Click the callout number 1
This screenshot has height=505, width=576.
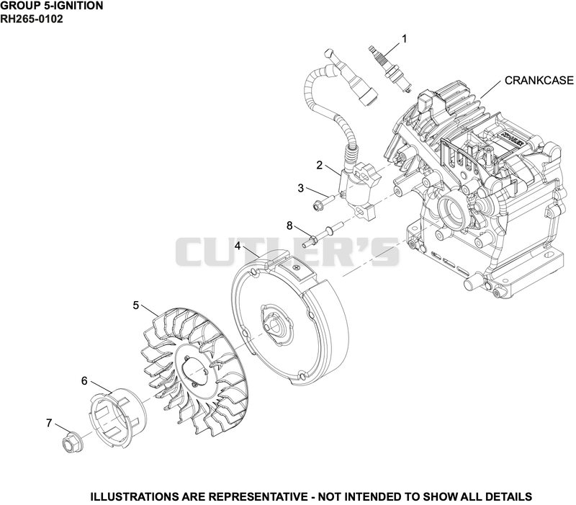pos(405,39)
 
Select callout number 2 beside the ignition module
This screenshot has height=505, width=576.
pos(319,166)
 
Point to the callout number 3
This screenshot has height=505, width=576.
pos(301,189)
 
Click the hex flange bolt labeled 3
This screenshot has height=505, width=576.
pos(323,203)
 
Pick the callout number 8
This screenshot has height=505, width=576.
pos(289,225)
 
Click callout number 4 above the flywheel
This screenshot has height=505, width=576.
pos(238,246)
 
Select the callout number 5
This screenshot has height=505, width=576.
pos(136,305)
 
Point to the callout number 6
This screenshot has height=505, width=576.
pos(84,381)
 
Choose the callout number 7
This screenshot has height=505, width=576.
pos(49,423)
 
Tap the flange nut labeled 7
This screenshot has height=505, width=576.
pos(73,442)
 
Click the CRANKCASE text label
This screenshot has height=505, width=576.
pos(539,81)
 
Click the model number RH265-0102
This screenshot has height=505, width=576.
pos(31,19)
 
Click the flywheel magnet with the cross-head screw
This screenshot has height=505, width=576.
pos(296,267)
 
